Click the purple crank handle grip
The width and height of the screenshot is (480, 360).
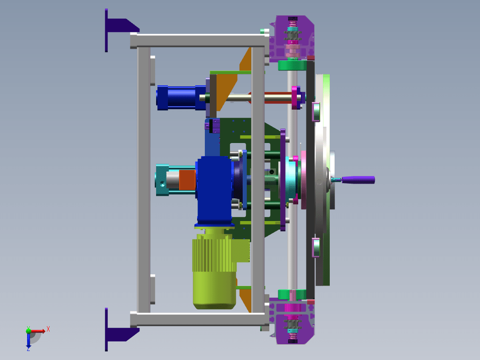(x=358, y=180)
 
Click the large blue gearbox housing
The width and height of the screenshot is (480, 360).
(x=215, y=190)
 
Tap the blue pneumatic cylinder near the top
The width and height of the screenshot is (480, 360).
(x=180, y=97)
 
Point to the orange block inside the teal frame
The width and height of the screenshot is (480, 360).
(x=187, y=180)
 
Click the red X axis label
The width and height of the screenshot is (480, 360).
(x=48, y=329)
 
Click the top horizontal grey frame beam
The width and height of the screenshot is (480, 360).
(x=199, y=41)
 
